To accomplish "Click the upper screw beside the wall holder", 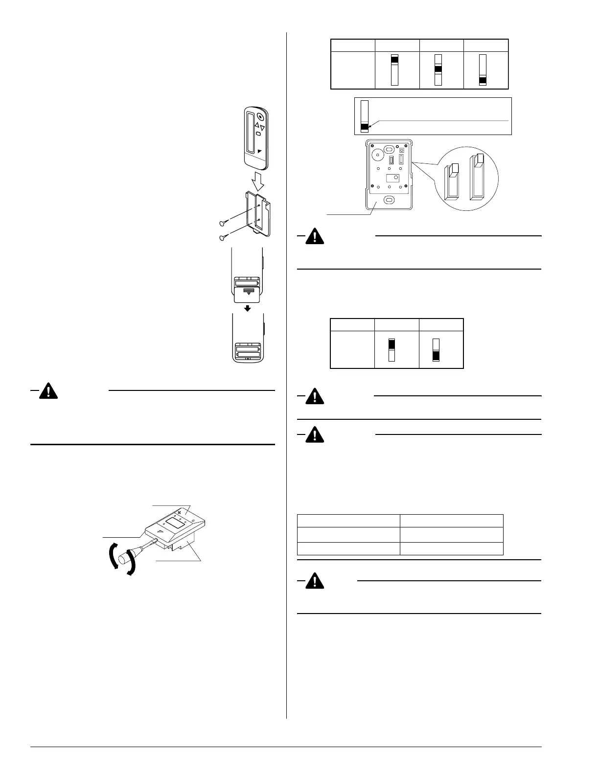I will [223, 224].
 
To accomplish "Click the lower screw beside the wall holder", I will [223, 238].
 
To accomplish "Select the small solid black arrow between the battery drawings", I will [248, 308].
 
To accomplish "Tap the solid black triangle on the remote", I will [260, 152].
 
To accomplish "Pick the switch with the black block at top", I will [394, 69].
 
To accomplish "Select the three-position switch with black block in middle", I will [438, 69].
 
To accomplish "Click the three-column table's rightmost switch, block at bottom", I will [483, 70].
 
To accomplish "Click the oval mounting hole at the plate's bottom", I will [389, 200].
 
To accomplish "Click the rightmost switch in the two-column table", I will [436, 349].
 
